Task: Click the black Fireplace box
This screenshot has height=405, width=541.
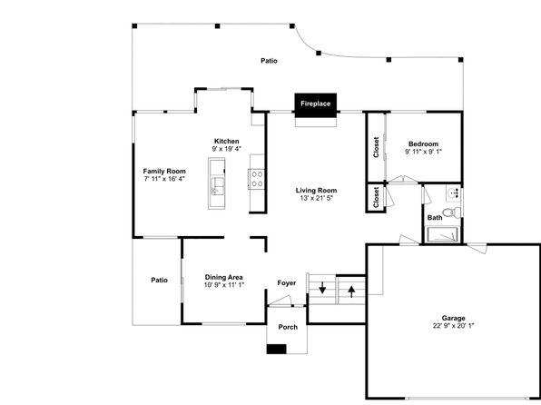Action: click(315, 105)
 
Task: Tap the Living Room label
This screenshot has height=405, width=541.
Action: click(316, 191)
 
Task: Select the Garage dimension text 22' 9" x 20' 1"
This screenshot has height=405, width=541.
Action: click(453, 326)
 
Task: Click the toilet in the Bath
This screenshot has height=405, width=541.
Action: click(452, 212)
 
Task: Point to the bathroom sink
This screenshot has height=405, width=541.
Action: click(453, 193)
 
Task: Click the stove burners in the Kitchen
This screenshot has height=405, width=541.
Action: click(257, 179)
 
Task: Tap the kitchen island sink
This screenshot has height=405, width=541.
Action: click(217, 186)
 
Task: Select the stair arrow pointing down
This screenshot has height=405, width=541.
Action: click(322, 287)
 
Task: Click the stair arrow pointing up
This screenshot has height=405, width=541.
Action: click(351, 291)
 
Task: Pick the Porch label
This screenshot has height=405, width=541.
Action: click(288, 327)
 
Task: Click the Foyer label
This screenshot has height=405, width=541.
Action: click(286, 283)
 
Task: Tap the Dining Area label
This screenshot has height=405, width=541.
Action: click(223, 277)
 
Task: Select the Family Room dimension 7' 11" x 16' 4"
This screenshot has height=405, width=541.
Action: click(164, 179)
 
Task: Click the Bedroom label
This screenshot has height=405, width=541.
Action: click(423, 144)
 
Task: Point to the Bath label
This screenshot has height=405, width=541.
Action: click(435, 218)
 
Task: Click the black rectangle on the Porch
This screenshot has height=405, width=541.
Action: click(276, 349)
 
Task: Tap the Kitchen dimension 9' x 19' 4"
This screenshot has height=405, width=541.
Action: click(226, 149)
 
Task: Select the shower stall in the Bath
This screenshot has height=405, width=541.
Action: click(442, 234)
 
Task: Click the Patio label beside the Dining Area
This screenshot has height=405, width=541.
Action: click(159, 280)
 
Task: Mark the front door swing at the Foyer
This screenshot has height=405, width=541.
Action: click(280, 301)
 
